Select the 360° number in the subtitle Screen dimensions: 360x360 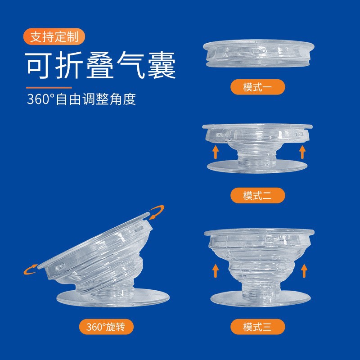41,99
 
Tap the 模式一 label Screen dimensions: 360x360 258,87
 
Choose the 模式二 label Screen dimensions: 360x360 258,195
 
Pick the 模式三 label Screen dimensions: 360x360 258,327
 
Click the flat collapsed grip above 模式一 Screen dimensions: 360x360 258,54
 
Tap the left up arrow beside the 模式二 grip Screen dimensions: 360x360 216,152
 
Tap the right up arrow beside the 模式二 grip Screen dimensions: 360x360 302,152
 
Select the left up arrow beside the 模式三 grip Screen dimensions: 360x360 216,271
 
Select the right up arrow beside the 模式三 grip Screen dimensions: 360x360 304,271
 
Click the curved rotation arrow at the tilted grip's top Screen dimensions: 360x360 157,212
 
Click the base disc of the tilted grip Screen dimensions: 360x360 112,299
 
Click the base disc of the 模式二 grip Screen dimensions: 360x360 258,167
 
